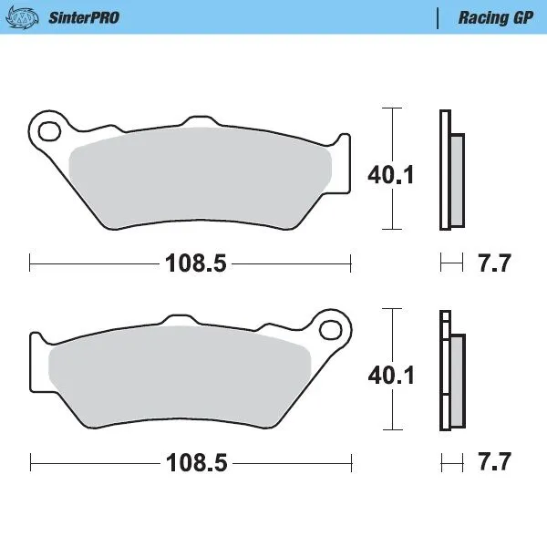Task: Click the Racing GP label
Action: pos(496,17)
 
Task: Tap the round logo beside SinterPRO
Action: pos(24,17)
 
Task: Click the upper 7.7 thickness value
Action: pos(494,264)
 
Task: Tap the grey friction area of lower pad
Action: pos(182,374)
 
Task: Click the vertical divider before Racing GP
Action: pos(439,17)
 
